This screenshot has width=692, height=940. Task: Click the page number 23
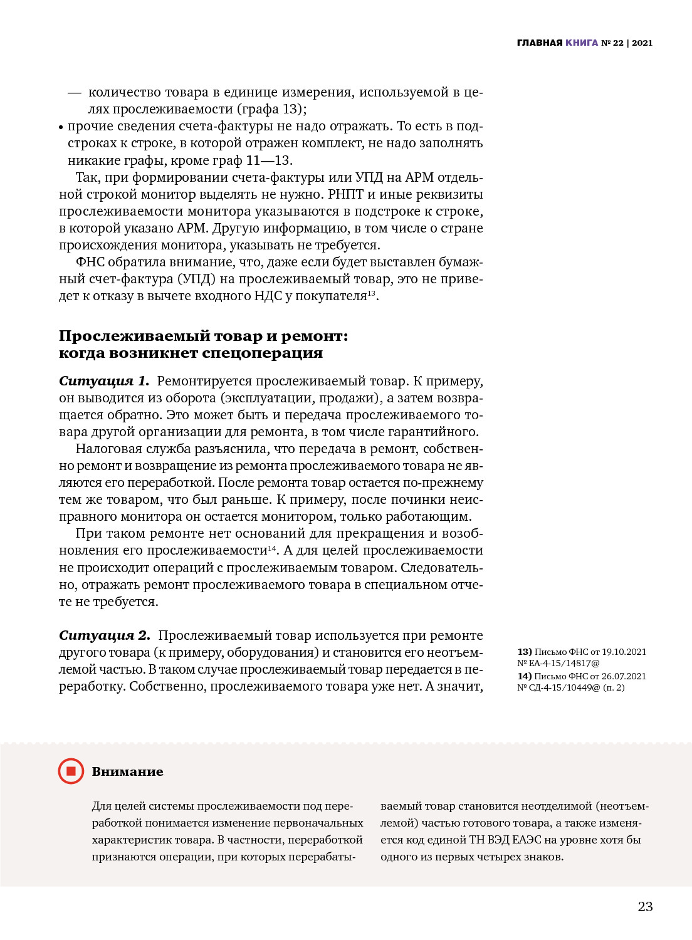point(645,906)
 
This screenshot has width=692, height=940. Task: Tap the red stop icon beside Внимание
point(71,771)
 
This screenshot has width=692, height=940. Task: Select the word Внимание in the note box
point(127,771)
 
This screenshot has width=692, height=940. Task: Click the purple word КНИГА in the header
point(582,43)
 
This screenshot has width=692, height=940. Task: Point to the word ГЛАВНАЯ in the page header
point(540,43)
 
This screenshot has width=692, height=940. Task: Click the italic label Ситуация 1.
point(104,381)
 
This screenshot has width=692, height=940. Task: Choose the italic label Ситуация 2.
point(105,635)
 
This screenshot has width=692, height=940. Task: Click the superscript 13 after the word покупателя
point(372,293)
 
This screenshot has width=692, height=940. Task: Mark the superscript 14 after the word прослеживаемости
point(272,548)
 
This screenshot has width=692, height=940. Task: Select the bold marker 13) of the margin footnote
point(525,652)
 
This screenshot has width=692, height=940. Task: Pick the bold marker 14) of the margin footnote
point(525,676)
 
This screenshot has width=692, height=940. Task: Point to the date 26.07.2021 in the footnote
point(624,676)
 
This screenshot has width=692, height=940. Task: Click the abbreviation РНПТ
point(345,194)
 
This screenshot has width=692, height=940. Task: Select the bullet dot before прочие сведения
point(61,127)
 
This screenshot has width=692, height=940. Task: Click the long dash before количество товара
point(75,93)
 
